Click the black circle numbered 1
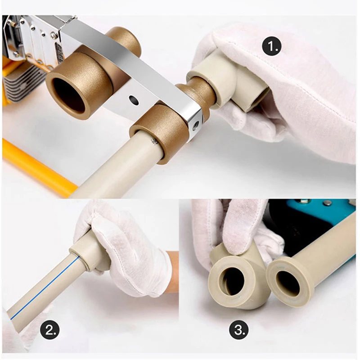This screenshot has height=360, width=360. coord(272,47)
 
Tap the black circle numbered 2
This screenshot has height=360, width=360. coord(50,330)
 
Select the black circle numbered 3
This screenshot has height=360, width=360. coord(239,330)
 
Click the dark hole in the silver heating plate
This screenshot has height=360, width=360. coord(134,100)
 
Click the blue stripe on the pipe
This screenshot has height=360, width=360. coord(45,287)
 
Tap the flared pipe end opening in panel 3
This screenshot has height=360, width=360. coord(288,281)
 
